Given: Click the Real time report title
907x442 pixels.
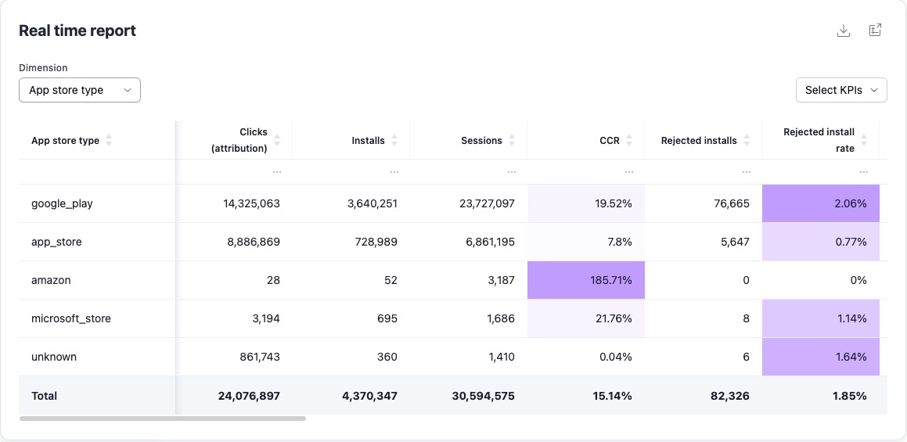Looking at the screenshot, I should coord(77,31).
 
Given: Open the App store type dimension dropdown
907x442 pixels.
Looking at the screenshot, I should coord(80,90).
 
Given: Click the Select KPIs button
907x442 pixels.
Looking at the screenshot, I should coord(840,90).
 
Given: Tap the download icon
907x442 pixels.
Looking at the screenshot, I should coord(844,31).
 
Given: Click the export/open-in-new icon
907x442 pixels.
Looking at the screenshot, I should coord(876,31).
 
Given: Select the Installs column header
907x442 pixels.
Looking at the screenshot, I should coord(369,141).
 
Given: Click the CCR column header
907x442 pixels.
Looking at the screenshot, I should coord(610,141).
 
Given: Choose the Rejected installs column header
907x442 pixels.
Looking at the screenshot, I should coord(699,141).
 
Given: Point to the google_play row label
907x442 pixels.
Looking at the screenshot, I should coord(62,203).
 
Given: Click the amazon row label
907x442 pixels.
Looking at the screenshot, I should coord(51,280).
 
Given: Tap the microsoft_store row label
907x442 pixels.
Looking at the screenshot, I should coord(71,318).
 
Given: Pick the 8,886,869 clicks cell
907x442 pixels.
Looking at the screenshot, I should coord(254,242).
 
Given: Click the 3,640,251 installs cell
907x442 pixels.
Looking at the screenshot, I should coord(373,203).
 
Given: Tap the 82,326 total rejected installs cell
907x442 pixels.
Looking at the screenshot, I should coord(729,396).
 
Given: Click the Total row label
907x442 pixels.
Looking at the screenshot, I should coord(45,396).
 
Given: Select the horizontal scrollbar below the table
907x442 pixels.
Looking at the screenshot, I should coord(163,419).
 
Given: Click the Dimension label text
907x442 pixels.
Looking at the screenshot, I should coord(43,68).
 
